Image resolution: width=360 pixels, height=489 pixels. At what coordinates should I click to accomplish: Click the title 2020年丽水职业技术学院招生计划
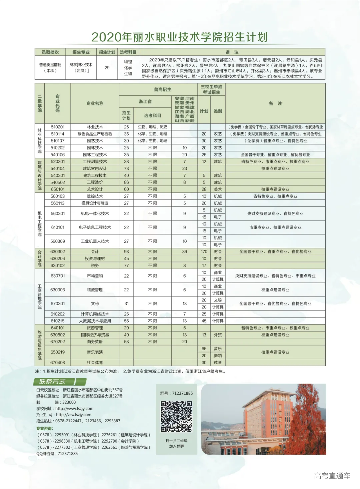coord(179,37)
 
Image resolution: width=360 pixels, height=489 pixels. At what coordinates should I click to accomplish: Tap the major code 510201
coord(58,127)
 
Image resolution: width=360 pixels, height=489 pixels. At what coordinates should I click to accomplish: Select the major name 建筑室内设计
coord(95,168)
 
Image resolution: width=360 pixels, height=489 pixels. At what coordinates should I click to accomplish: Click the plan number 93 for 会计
coord(126,252)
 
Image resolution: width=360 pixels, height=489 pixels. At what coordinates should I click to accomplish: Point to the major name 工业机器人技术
coord(95,241)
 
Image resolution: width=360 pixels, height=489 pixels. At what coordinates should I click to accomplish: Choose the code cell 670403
coord(58,363)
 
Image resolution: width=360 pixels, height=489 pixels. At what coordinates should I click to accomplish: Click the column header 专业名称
coord(95,103)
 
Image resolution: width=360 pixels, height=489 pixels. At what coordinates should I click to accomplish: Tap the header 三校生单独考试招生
coord(211,89)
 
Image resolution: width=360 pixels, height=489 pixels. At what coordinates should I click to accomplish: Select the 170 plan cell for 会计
coord(204,252)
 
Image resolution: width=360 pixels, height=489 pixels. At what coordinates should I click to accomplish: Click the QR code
coord(176,417)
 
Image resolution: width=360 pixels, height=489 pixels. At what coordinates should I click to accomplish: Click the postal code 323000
coord(69,402)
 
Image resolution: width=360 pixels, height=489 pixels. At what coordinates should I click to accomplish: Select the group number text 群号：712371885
coord(176,393)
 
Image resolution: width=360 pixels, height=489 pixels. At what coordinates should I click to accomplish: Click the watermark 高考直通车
coord(332,476)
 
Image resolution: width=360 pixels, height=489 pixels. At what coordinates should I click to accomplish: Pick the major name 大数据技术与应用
coord(95,321)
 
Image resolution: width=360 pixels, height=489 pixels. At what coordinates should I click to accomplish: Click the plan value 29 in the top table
coord(107,68)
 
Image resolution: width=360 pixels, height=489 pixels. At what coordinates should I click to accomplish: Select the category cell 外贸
coord(218,335)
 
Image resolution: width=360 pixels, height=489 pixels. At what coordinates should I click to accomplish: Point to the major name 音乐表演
coord(95,352)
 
